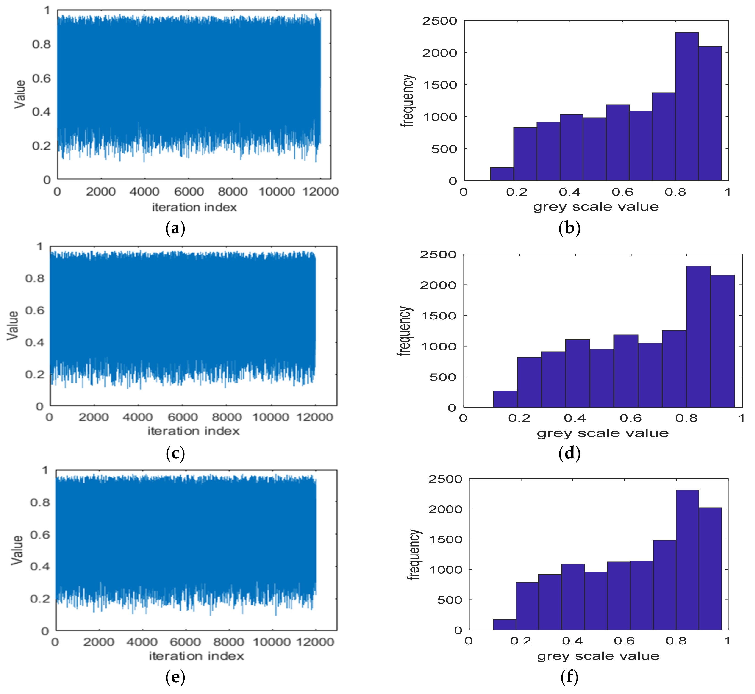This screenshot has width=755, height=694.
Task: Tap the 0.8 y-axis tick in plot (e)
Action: point(40,502)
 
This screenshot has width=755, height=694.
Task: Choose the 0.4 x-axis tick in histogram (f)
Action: point(572,641)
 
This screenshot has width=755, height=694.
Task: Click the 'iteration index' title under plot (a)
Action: point(194,207)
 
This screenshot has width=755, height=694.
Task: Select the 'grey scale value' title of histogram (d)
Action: point(602,433)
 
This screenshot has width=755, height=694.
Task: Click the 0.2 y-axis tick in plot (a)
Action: point(41,146)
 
